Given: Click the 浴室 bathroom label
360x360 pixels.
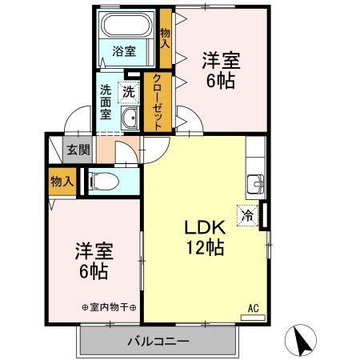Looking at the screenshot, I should point(123,51).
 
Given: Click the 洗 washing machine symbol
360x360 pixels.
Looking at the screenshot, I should point(128,92).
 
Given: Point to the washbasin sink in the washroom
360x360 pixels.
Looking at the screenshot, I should point(130,118).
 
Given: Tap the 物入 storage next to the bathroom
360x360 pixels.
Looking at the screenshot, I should point(166,39).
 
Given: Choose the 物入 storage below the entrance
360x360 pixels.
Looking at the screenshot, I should point(61,182).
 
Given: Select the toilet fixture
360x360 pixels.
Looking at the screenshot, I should point(103,181).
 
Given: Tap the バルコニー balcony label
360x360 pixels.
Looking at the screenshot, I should point(158,342).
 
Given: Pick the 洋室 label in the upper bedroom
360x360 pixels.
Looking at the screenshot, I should point(221,60).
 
